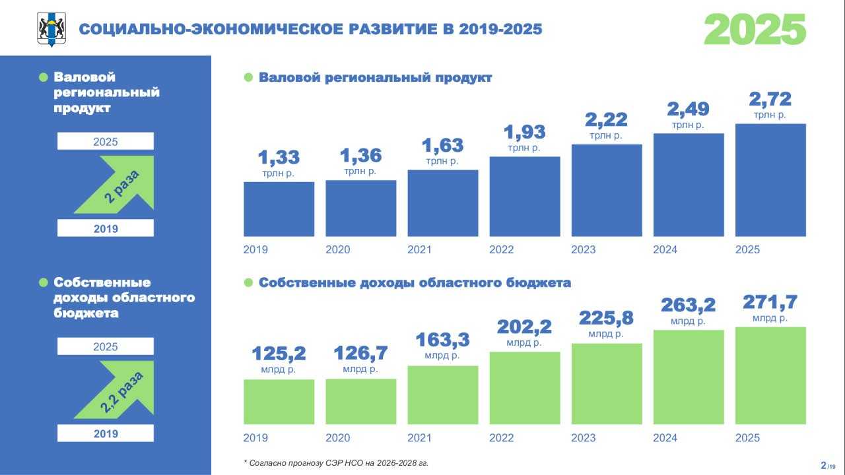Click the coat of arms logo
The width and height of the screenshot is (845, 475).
pyautogui.click(x=51, y=30)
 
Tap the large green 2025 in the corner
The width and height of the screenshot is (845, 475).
pyautogui.click(x=755, y=30)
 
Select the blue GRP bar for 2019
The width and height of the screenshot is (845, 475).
pyautogui.click(x=279, y=209)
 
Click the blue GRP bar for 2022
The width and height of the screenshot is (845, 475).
pyautogui.click(x=525, y=197)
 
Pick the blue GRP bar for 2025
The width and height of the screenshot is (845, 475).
pyautogui.click(x=770, y=180)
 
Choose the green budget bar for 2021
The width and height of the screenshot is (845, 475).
pyautogui.click(x=442, y=395)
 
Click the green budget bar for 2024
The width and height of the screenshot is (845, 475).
pyautogui.click(x=689, y=377)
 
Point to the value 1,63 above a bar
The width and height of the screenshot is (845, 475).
pyautogui.click(x=442, y=146)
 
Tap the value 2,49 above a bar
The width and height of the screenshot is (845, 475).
pyautogui.click(x=688, y=110)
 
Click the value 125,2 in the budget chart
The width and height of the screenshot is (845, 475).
pyautogui.click(x=279, y=354)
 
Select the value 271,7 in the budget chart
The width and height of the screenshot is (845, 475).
pyautogui.click(x=770, y=302)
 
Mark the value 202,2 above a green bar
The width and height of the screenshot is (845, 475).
pyautogui.click(x=524, y=327)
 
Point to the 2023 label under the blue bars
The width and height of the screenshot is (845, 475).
pyautogui.click(x=583, y=249)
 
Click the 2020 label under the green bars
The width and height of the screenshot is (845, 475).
pyautogui.click(x=337, y=437)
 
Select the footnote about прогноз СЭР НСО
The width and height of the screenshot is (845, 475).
pyautogui.click(x=336, y=463)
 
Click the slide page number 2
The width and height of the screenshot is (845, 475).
pyautogui.click(x=823, y=465)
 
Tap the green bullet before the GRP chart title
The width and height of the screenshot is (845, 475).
pyautogui.click(x=248, y=77)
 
